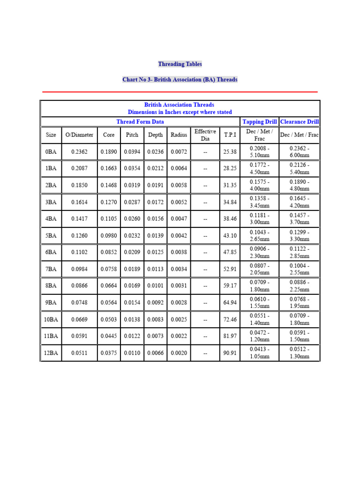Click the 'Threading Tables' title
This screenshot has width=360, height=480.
click(x=180, y=64)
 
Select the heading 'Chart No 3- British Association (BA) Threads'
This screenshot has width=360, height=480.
click(x=180, y=80)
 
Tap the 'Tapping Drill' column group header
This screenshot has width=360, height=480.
click(x=259, y=122)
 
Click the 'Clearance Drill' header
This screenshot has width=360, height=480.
click(x=300, y=122)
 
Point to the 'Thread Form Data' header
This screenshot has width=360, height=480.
click(x=140, y=122)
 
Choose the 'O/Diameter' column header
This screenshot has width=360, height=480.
click(x=79, y=135)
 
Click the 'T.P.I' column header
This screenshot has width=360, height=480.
click(x=230, y=135)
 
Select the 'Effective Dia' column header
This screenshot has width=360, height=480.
click(x=205, y=135)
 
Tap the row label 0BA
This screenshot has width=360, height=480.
click(x=51, y=152)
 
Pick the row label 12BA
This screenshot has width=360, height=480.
click(x=51, y=353)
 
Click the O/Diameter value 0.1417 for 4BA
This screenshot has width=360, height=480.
click(x=79, y=219)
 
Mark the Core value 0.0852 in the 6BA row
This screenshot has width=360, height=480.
click(x=109, y=252)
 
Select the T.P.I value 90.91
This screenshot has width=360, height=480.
click(x=230, y=353)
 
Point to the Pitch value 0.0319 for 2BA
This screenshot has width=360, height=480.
click(x=132, y=185)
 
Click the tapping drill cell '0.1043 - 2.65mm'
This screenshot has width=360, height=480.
click(x=259, y=236)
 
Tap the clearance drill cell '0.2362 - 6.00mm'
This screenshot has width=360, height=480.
click(x=300, y=152)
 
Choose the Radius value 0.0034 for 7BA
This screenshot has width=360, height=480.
click(x=179, y=269)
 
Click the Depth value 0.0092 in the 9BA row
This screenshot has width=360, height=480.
click(x=156, y=303)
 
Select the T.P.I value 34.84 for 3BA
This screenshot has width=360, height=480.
click(x=230, y=202)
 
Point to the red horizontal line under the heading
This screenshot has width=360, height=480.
click(x=180, y=92)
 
